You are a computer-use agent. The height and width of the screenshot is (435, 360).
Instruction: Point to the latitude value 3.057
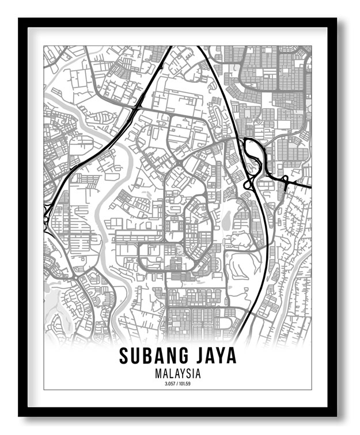(169, 383)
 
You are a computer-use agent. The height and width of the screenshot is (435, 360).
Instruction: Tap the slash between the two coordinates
(177, 383)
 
